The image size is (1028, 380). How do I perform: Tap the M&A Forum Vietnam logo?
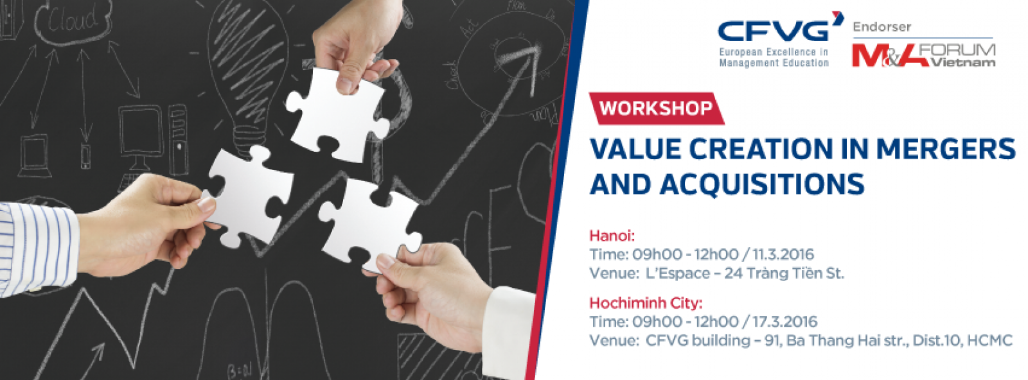coord(923,55)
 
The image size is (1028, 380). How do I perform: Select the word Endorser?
coord(882,27)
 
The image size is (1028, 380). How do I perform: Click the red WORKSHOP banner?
coord(656,108)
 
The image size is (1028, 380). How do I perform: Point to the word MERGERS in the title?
coord(945,149)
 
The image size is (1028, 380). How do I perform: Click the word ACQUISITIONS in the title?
coord(762,184)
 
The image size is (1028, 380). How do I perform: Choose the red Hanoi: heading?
coord(612,236)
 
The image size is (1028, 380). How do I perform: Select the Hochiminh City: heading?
coord(646,303)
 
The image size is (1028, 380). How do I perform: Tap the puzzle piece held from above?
coord(337,115)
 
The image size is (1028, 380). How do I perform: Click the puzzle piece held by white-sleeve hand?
coord(369,225)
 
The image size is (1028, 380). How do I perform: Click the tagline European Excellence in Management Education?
coord(774,58)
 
